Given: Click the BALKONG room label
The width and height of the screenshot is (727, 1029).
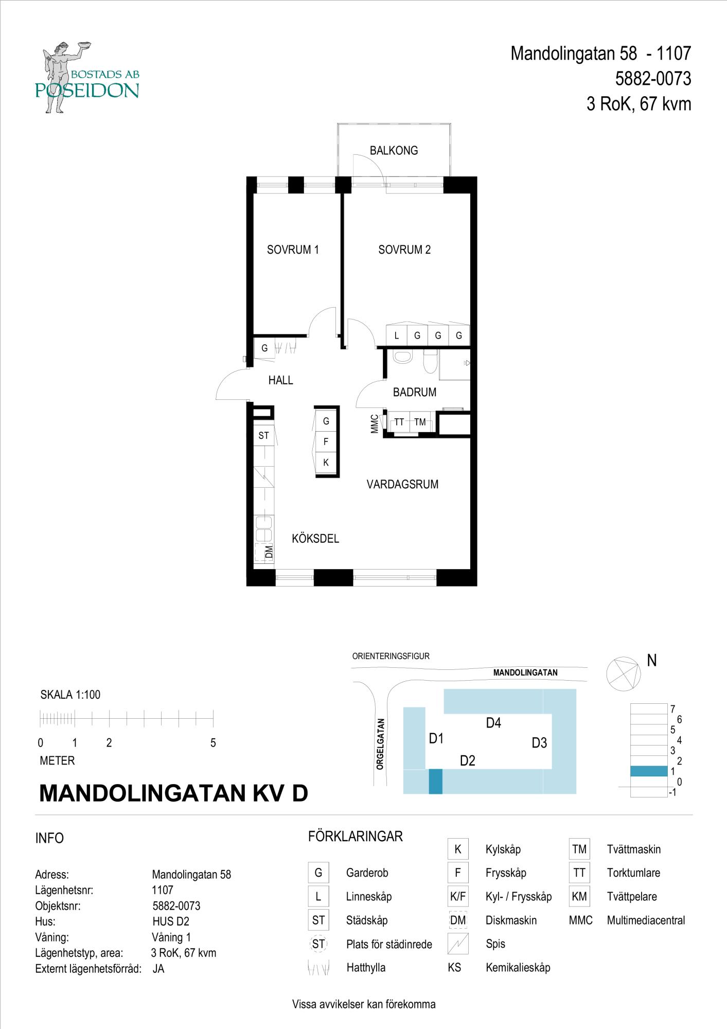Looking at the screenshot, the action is tap(394, 151).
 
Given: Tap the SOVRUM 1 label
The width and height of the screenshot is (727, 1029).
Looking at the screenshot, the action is tap(293, 250).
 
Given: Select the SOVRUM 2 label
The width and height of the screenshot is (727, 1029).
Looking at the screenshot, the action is tap(404, 250).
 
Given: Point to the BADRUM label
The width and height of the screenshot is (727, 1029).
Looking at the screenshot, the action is tap(415, 392).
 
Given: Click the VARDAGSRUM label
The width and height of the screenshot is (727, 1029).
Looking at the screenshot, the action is tap(402, 484).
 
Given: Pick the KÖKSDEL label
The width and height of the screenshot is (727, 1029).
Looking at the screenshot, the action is tap(315, 539).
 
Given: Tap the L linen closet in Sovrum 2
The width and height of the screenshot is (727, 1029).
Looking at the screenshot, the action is tap(397, 335).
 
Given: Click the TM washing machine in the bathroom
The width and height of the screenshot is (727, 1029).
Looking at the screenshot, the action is tap(420, 422).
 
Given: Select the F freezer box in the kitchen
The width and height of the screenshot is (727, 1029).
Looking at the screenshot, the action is tap(326, 442).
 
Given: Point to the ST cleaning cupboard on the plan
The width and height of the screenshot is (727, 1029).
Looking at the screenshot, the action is tap(264, 436).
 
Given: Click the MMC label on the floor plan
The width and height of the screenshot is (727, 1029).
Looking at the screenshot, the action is tap(375, 424).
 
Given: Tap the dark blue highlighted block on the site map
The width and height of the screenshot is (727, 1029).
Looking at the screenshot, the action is tap(435, 781).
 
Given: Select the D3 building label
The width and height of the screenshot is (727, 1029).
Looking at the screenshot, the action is tap(539, 743).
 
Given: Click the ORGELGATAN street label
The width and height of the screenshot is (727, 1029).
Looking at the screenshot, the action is tap(380, 743).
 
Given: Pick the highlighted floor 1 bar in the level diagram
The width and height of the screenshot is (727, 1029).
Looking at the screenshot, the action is tap(649, 771).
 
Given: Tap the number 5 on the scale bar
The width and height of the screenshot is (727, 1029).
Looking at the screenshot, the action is tap(213, 743).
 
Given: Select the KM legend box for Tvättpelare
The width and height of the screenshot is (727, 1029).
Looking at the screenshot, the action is tap(579, 896).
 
